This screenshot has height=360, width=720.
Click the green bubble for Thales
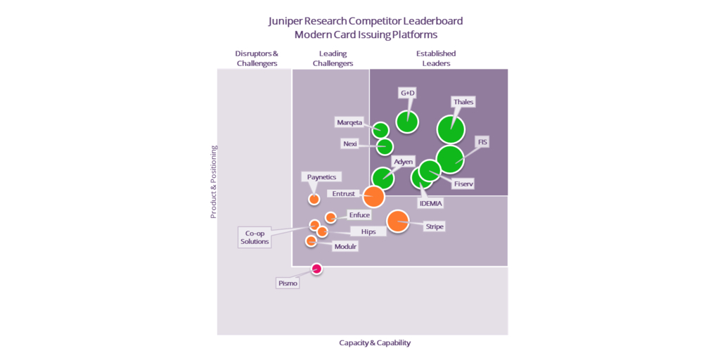pyautogui.click(x=451, y=129)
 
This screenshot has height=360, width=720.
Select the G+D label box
pyautogui.click(x=408, y=93)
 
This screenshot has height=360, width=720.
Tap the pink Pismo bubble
pyautogui.click(x=316, y=269)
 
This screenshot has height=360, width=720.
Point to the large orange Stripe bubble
pyautogui.click(x=397, y=221)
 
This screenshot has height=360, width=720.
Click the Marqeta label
pyautogui.click(x=349, y=122)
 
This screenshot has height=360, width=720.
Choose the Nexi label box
pyautogui.click(x=349, y=143)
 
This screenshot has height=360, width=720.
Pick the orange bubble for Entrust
pyautogui.click(x=373, y=197)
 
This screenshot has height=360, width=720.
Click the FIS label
pyautogui.click(x=482, y=142)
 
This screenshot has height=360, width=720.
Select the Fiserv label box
pyautogui.click(x=463, y=184)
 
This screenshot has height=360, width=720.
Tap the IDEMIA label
pyautogui.click(x=430, y=203)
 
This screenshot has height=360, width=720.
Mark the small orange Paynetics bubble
pyautogui.click(x=314, y=199)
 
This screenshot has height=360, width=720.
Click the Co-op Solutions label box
pyautogui.click(x=255, y=238)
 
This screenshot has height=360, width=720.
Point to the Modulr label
pyautogui.click(x=345, y=246)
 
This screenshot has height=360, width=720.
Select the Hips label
pyautogui.click(x=368, y=231)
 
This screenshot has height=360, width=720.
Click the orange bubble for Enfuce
pyautogui.click(x=330, y=217)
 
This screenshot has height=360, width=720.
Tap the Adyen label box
pyautogui.click(x=403, y=162)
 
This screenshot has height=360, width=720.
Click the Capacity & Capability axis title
pyautogui.click(x=375, y=343)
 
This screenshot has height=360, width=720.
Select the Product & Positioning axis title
pyautogui.click(x=214, y=182)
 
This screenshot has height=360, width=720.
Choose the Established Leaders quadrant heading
pyautogui.click(x=436, y=58)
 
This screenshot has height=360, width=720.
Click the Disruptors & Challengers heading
pyautogui.click(x=257, y=58)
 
